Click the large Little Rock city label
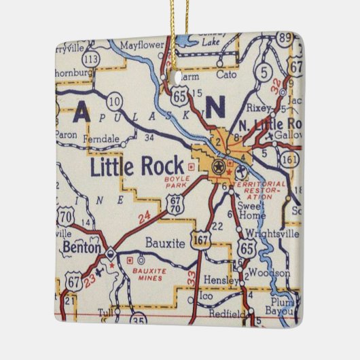pos(138,166)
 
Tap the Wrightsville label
pos(273,234)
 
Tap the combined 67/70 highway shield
pos(176,206)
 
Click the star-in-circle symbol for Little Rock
pos(219,166)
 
